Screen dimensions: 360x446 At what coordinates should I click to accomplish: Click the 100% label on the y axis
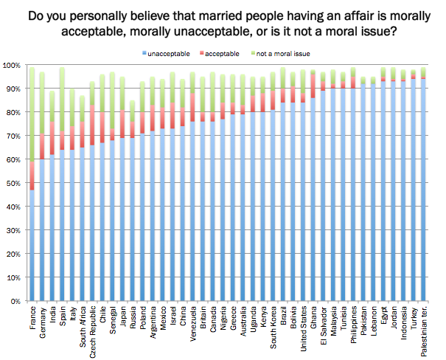tap(14, 66)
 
